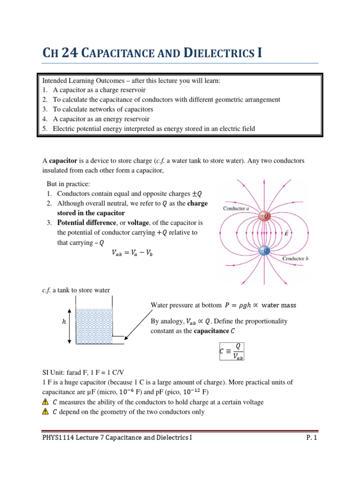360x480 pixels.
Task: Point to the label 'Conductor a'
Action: tap(236, 208)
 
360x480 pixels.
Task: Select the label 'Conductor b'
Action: tap(296, 259)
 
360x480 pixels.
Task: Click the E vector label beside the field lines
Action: tap(286, 233)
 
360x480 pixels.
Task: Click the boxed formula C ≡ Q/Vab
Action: tap(232, 351)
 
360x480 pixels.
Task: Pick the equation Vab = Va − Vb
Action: tap(132, 253)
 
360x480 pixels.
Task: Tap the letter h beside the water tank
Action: tap(64, 322)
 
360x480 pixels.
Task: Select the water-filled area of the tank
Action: tap(93, 326)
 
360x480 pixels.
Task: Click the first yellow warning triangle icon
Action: tap(45, 402)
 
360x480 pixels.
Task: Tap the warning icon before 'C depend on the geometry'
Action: tap(45, 412)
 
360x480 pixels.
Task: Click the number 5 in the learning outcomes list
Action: tap(45, 128)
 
